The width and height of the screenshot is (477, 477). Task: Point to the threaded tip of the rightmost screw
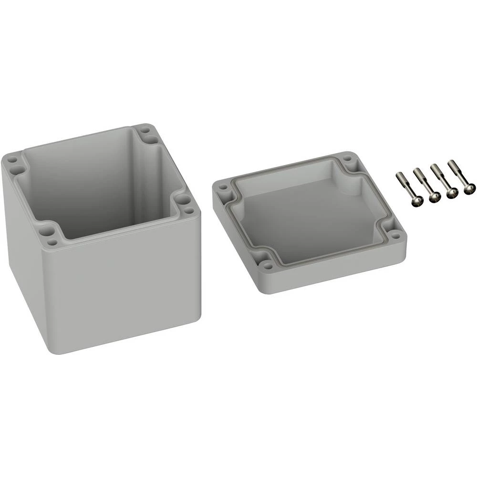coord(451,163)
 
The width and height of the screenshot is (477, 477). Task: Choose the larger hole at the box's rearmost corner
coord(152,140)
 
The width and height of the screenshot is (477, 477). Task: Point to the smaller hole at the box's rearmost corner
coord(144,129)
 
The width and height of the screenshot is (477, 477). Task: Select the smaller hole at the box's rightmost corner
coord(190,210)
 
